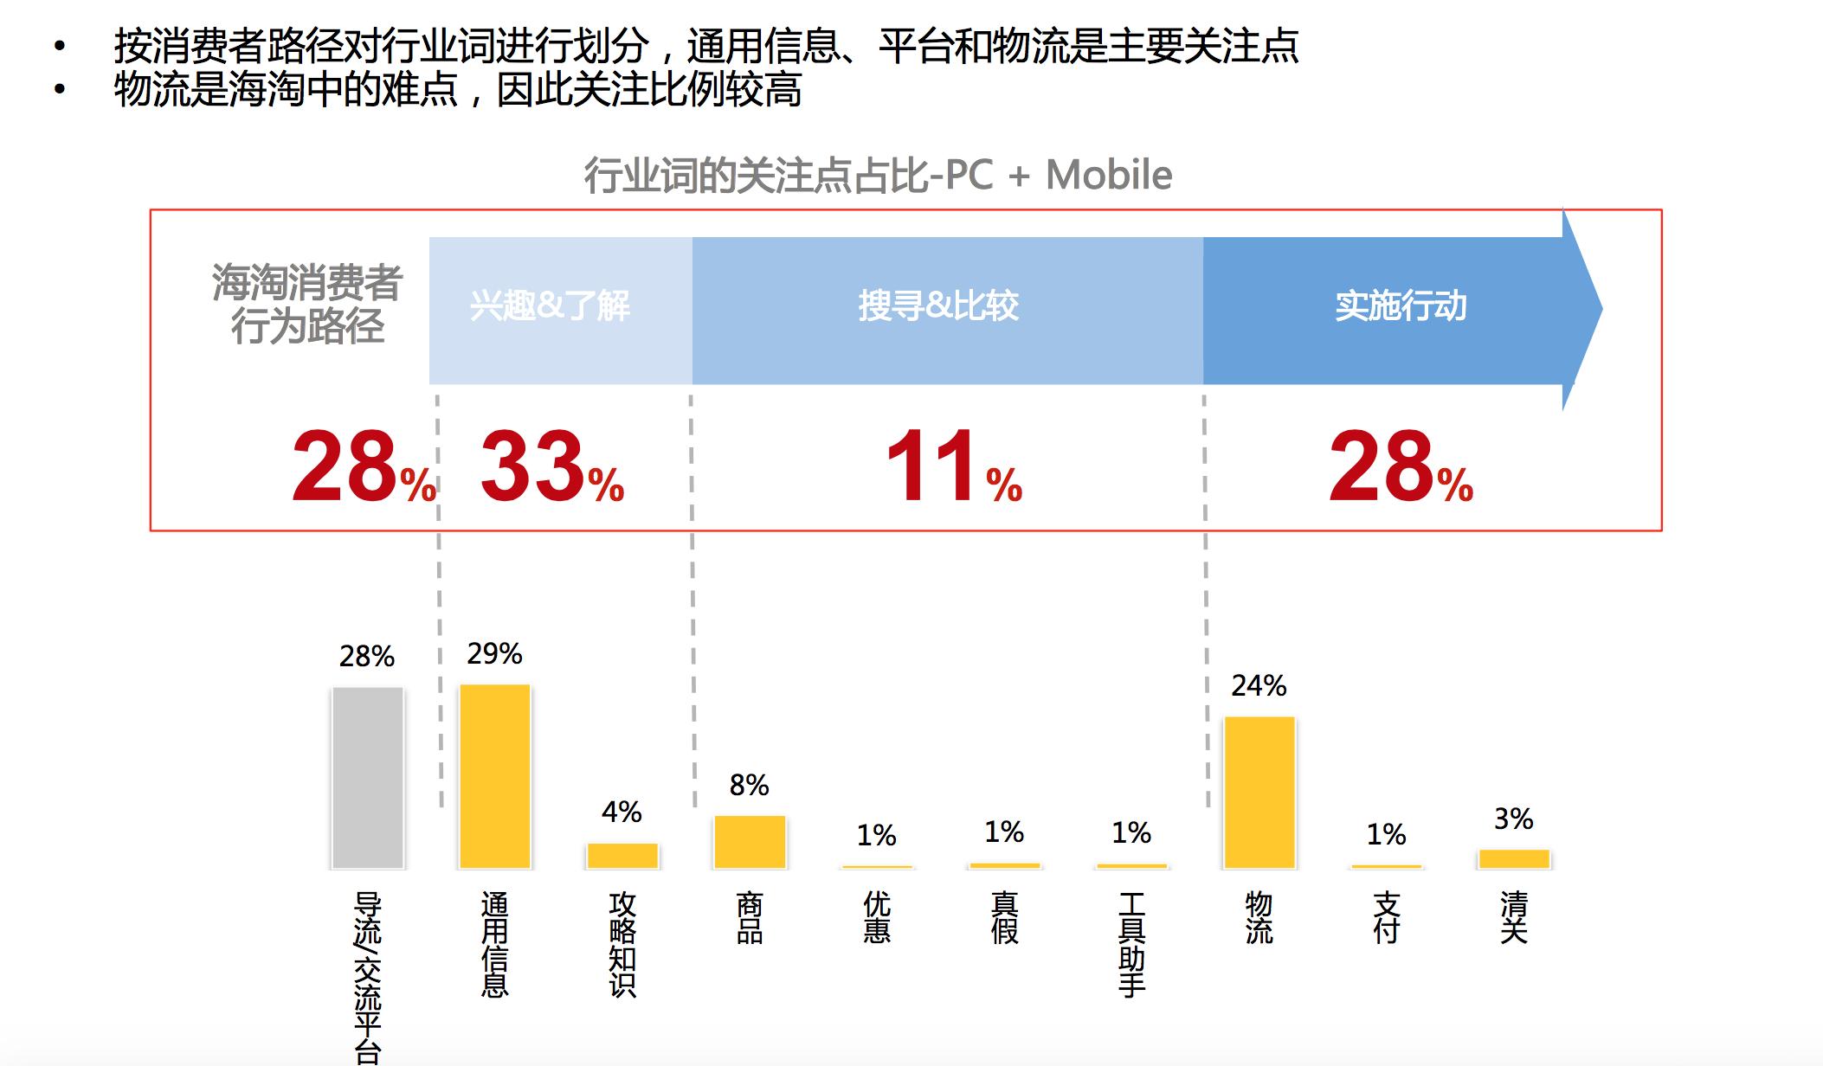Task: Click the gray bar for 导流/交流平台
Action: tap(367, 777)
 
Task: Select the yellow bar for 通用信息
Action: tap(494, 775)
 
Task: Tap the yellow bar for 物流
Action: tap(1259, 792)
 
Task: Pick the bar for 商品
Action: tap(750, 841)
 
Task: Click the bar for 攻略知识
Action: tap(622, 855)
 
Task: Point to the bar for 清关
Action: tap(1513, 858)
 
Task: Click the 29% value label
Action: tap(494, 653)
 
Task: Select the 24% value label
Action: tap(1259, 685)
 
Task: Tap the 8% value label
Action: tap(749, 785)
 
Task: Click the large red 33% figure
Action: tap(551, 468)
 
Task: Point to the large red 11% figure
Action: tap(953, 468)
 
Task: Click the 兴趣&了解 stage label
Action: tap(550, 306)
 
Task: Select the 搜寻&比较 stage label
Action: tap(938, 306)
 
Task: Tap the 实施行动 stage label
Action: tap(1400, 306)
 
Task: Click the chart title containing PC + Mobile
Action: tap(878, 176)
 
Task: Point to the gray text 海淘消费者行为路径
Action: tap(306, 305)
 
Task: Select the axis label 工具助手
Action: tap(1131, 944)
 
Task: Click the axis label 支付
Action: tap(1386, 917)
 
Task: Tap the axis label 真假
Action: tap(1004, 917)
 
